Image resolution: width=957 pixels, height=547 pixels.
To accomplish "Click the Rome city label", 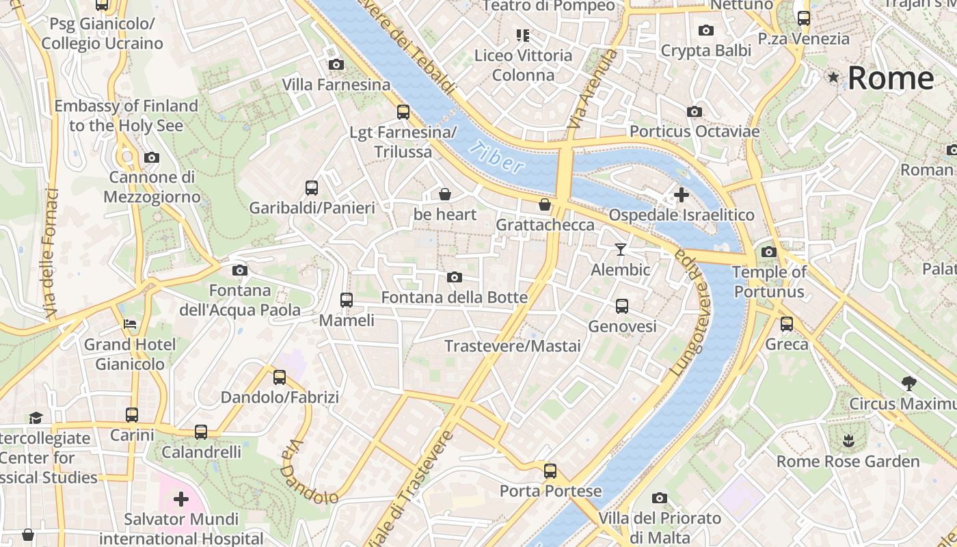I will (891, 78).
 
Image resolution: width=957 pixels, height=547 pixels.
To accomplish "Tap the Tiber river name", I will (498, 157).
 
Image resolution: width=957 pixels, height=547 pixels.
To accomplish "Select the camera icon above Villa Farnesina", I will (336, 64).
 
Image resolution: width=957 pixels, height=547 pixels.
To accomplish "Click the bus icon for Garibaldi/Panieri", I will (312, 187).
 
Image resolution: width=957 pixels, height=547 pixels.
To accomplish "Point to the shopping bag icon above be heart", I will (445, 194).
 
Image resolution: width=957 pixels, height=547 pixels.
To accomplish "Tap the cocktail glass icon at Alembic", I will (620, 249).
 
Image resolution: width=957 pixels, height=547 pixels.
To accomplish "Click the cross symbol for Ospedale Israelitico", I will (682, 195).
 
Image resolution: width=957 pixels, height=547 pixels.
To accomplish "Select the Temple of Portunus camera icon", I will (769, 252).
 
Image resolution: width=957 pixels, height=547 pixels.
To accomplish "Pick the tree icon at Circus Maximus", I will (908, 383).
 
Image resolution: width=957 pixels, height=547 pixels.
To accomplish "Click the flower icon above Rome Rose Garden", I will (848, 440).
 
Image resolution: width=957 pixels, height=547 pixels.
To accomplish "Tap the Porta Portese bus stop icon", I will (550, 470).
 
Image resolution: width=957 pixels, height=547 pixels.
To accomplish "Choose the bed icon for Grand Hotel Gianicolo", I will (130, 323).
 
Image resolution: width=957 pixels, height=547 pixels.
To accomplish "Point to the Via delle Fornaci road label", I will (51, 253).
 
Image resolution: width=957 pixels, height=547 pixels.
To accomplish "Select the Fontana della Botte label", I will (455, 297).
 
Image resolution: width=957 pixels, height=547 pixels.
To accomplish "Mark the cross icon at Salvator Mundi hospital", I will (181, 499).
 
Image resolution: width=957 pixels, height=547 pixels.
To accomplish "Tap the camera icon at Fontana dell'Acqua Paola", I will (239, 270).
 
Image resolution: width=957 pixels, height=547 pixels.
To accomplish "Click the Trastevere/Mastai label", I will (513, 346).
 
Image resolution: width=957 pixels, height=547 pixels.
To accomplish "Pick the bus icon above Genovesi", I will (622, 306).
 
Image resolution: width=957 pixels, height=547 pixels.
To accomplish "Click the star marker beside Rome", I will (833, 77).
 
